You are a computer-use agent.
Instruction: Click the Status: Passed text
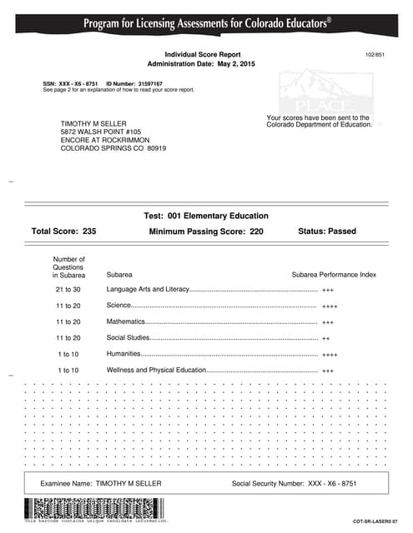(x=326, y=232)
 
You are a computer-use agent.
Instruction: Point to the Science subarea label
(x=118, y=306)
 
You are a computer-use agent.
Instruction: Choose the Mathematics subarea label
(x=126, y=321)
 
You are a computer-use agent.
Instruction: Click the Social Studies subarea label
(x=128, y=337)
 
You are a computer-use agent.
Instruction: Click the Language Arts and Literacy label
(x=149, y=290)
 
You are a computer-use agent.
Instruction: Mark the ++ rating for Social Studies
(x=326, y=338)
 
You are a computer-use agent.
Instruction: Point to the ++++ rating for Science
(x=330, y=306)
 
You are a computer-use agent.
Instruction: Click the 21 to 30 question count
(x=68, y=290)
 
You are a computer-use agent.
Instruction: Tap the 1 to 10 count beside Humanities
(x=68, y=354)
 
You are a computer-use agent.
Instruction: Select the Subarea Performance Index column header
(x=334, y=274)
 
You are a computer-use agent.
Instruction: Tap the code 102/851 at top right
(x=375, y=53)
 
